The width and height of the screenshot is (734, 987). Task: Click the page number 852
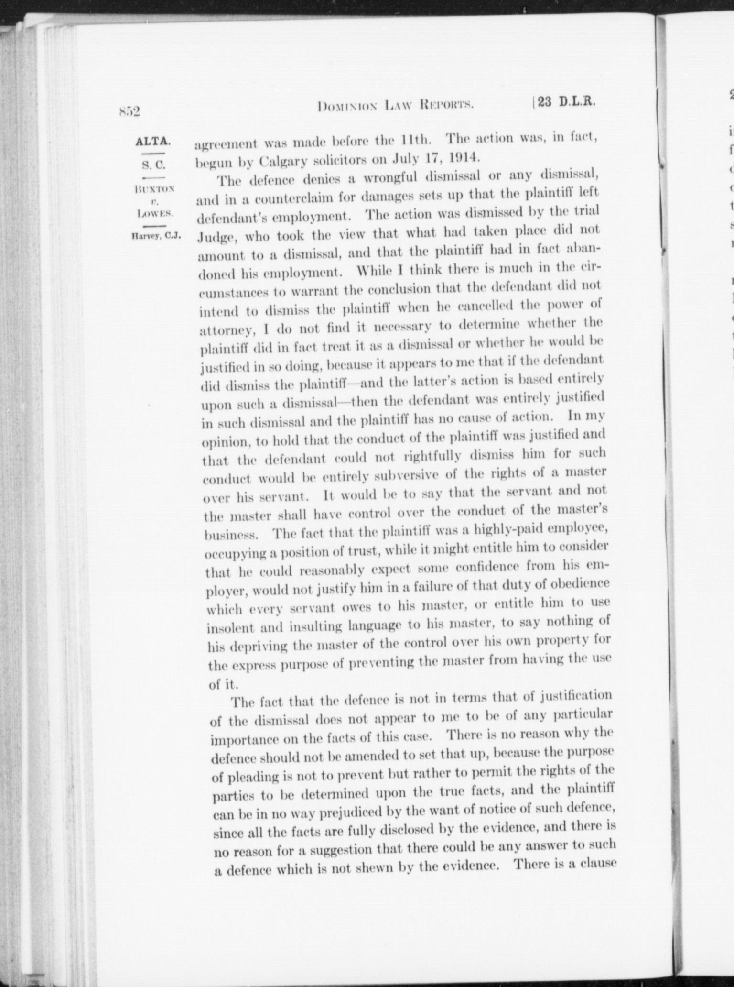click(x=129, y=112)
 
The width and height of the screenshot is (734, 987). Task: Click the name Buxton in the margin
click(x=154, y=188)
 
